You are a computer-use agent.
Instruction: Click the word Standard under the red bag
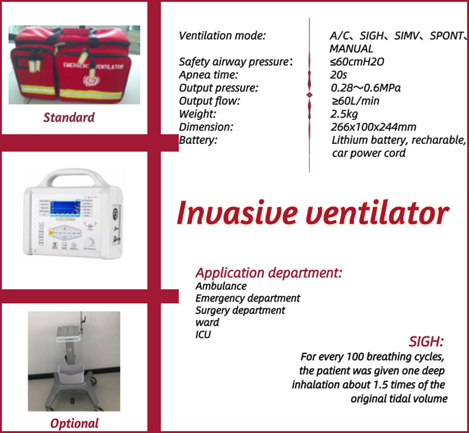69,117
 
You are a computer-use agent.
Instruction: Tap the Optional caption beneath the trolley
74,423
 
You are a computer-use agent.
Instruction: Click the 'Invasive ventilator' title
313,213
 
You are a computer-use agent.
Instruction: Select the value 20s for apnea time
339,75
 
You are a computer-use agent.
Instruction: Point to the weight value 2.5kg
344,114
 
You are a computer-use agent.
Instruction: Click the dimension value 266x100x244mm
373,127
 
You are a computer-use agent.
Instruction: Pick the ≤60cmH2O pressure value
357,61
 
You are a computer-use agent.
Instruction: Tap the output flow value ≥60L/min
355,101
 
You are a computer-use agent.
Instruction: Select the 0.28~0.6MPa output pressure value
365,88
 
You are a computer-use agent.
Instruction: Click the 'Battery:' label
198,140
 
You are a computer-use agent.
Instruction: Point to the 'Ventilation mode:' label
222,36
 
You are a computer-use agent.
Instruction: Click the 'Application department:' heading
268,273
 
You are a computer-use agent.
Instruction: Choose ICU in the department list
203,334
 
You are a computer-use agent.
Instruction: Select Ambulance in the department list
221,286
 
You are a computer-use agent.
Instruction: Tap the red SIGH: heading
426,341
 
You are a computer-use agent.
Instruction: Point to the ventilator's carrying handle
73,176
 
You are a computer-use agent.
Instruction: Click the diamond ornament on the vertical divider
309,95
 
